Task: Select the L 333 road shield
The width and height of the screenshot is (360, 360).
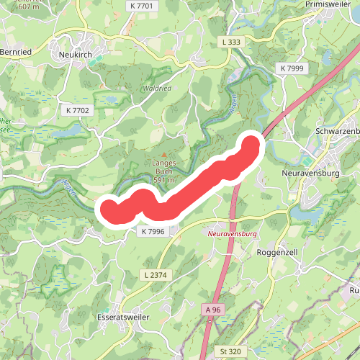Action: coord(231,42)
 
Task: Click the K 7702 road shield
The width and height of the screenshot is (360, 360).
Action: coord(78,111)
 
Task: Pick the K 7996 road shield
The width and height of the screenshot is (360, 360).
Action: coord(153,231)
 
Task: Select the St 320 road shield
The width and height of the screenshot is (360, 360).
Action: coord(232,351)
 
